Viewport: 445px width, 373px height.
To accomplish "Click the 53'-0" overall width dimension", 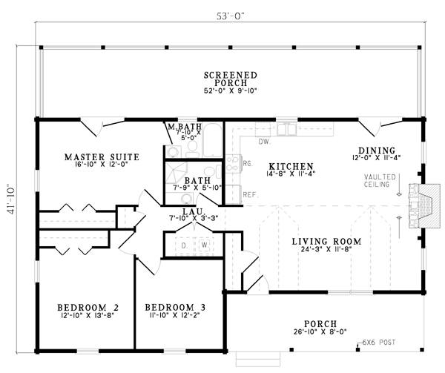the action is point(230,16).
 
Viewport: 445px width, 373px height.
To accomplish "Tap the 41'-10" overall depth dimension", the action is point(11,199).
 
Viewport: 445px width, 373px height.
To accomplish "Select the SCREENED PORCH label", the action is point(231,79).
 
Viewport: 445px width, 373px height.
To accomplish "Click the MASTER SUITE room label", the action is point(102,157).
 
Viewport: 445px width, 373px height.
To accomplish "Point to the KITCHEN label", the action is point(291,166).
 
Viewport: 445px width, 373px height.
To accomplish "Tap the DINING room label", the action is point(377,151).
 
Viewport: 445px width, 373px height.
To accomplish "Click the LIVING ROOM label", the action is point(326,242).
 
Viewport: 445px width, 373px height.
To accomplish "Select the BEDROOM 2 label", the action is point(88,307).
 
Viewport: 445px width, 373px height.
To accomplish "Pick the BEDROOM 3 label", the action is point(175,307).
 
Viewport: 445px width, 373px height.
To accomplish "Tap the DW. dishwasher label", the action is point(265,141).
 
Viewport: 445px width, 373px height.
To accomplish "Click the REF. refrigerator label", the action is point(251,195).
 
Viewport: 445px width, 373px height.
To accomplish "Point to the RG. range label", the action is point(248,164).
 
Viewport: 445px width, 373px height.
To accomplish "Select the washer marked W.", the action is point(205,245).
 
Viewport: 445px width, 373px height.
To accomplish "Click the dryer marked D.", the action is point(185,245).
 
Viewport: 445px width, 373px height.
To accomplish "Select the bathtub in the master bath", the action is point(212,140).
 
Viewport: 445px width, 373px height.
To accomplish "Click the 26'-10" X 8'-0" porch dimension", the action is point(320,331).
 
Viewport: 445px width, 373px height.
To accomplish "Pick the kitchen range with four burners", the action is point(233,164).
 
